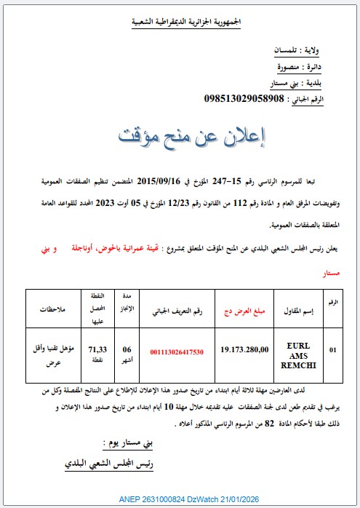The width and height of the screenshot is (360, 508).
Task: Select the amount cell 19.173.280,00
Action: click(244, 350)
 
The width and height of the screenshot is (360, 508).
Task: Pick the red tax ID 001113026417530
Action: click(177, 352)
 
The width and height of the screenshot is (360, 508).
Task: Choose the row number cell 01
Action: click(333, 350)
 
